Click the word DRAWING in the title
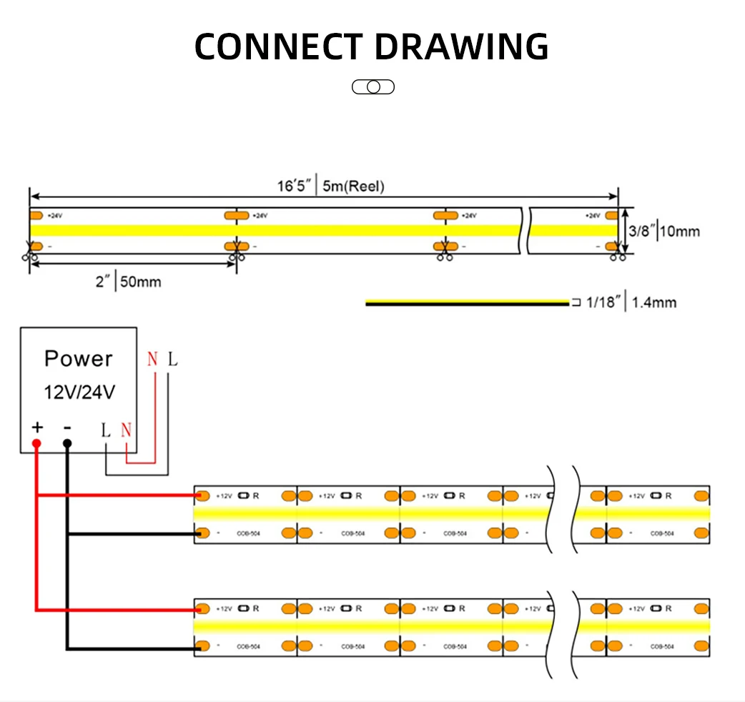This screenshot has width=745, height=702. tap(462, 46)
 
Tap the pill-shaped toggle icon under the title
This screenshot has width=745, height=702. tap(373, 87)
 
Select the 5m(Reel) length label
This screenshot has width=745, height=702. tap(353, 187)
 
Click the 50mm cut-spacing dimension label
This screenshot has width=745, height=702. tap(139, 282)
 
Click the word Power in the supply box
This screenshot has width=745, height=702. tap(79, 358)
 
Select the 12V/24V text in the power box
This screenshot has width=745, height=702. tap(79, 392)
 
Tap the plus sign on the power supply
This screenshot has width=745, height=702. tap(36, 427)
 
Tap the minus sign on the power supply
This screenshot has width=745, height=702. tap(66, 427)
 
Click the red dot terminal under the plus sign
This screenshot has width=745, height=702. tap(36, 444)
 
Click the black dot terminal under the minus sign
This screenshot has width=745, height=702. tap(66, 444)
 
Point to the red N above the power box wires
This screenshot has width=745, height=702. tap(152, 359)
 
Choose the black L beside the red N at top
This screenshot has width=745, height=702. tap(172, 359)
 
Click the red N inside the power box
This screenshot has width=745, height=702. tap(127, 430)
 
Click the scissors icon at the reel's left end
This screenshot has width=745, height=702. tap(29, 253)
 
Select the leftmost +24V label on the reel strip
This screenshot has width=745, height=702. tap(54, 215)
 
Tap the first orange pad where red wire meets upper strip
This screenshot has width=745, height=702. tap(202, 495)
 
